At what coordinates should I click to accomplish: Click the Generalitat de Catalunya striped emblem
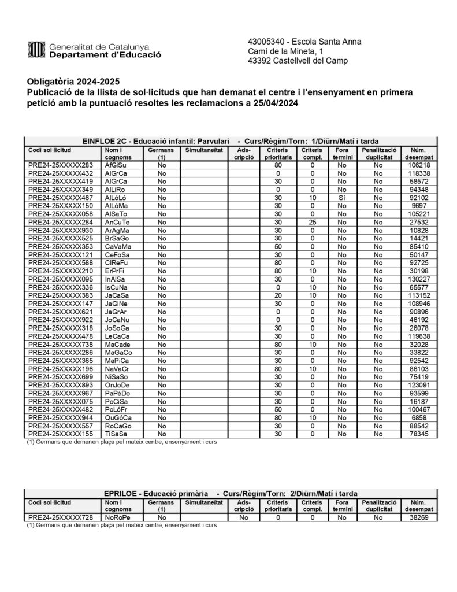point(36,50)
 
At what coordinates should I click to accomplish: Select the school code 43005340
point(267,42)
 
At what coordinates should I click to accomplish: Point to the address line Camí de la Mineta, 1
point(286,51)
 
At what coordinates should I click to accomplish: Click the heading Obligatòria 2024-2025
point(73,82)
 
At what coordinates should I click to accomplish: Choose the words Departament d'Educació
point(105,55)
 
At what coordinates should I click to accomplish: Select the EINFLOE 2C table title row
point(231,140)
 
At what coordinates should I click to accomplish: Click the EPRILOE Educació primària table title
point(231,493)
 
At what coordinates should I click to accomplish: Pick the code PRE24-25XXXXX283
point(60,165)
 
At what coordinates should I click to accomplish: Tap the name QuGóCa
point(118,417)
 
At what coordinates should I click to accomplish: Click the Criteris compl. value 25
point(313,222)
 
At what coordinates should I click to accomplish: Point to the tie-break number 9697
point(419,206)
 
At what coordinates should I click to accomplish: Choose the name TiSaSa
point(116,434)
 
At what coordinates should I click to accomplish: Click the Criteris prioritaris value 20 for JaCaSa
point(278,295)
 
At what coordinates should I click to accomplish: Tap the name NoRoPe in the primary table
point(118,518)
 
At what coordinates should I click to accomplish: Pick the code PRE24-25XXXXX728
point(60,518)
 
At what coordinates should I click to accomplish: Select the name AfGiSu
point(116,165)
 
